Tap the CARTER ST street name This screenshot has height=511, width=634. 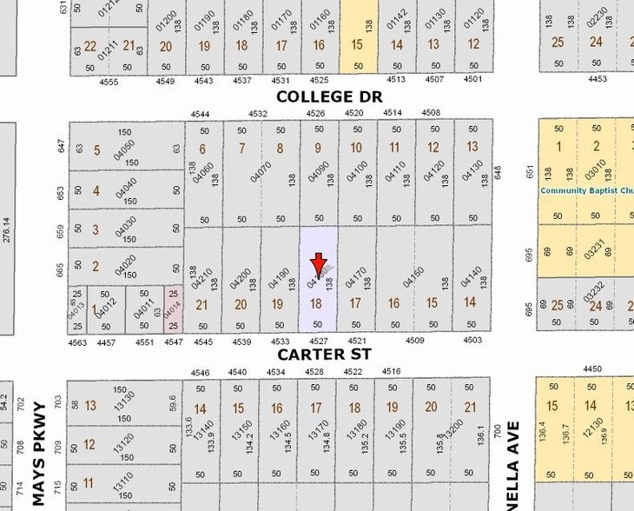point(324,355)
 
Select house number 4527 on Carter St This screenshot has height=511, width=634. point(318,342)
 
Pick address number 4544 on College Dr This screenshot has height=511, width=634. point(201,113)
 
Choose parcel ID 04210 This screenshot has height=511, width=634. point(207,277)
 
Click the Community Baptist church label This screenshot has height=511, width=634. point(586,190)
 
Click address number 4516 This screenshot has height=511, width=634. point(391,371)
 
